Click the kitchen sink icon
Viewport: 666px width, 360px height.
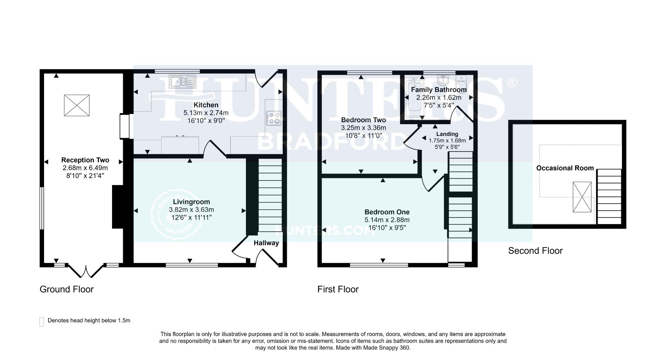pos(183,81)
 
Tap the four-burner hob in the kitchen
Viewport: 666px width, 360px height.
pos(274,118)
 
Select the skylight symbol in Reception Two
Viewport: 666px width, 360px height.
pos(77,105)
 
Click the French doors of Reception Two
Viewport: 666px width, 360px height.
pos(86,271)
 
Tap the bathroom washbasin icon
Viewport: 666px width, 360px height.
pos(443,80)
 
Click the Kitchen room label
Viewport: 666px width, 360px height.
pos(206,105)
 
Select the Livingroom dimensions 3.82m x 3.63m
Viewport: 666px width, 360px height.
pos(191,209)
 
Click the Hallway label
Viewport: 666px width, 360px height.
pos(266,243)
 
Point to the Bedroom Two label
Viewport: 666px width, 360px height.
pos(363,120)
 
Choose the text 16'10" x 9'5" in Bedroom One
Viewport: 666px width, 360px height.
pos(387,228)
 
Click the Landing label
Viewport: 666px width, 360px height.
pos(447,134)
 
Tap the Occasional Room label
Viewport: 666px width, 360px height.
pos(565,168)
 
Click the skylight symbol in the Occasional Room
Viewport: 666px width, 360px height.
pos(582,197)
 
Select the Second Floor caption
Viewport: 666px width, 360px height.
pos(535,250)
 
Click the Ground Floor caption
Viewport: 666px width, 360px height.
pos(67,289)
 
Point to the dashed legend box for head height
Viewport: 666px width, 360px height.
pos(42,322)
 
